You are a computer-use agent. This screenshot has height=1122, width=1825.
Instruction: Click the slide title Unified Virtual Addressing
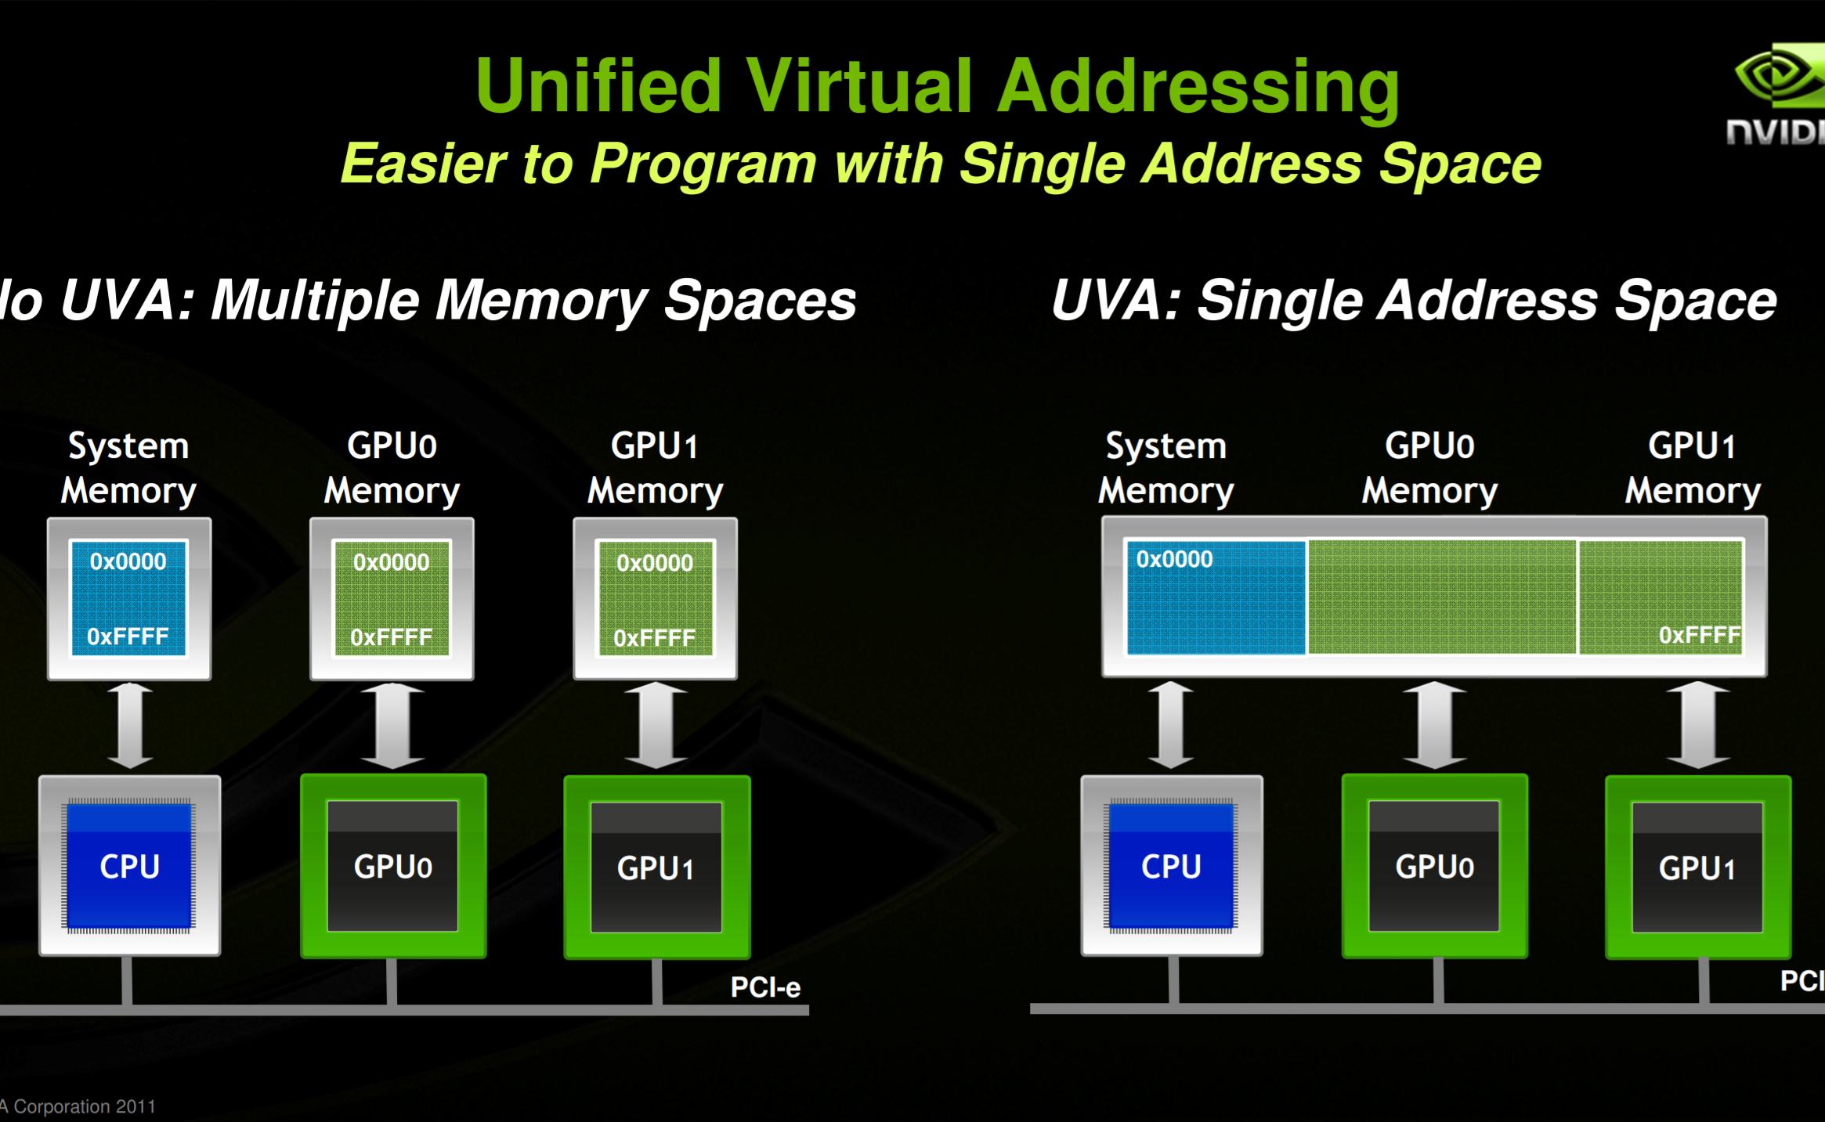pos(937,86)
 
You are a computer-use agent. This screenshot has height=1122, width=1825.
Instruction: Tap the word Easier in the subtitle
pos(424,164)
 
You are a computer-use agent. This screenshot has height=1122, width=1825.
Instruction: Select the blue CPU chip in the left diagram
pos(129,866)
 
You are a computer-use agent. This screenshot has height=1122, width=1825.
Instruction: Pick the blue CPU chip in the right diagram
pos(1171,866)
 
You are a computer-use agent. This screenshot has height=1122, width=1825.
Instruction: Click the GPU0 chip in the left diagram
pos(392,866)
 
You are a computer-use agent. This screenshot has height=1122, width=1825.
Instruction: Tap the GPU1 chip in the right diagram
pos(1697,868)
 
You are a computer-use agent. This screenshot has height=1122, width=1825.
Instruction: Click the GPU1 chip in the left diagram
pos(656,868)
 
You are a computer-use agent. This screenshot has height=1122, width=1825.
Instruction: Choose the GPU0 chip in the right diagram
pos(1434,866)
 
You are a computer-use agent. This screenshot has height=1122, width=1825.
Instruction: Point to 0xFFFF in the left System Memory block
pos(128,637)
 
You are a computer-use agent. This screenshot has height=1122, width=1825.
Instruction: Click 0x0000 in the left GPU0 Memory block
pos(391,562)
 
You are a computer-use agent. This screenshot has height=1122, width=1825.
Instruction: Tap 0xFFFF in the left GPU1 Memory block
pos(654,638)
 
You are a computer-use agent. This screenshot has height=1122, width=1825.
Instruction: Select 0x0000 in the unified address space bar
pos(1174,559)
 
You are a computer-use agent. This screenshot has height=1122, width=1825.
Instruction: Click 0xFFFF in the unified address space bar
pos(1699,635)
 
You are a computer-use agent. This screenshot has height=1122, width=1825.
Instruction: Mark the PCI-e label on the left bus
pos(765,987)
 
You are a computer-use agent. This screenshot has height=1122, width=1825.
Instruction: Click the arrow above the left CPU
pos(129,725)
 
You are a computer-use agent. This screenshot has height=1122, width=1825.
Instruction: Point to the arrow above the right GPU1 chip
pos(1697,725)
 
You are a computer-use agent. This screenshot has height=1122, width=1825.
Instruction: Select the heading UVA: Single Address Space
pos(1414,301)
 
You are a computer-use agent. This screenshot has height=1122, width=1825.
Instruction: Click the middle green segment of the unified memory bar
pos(1442,597)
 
